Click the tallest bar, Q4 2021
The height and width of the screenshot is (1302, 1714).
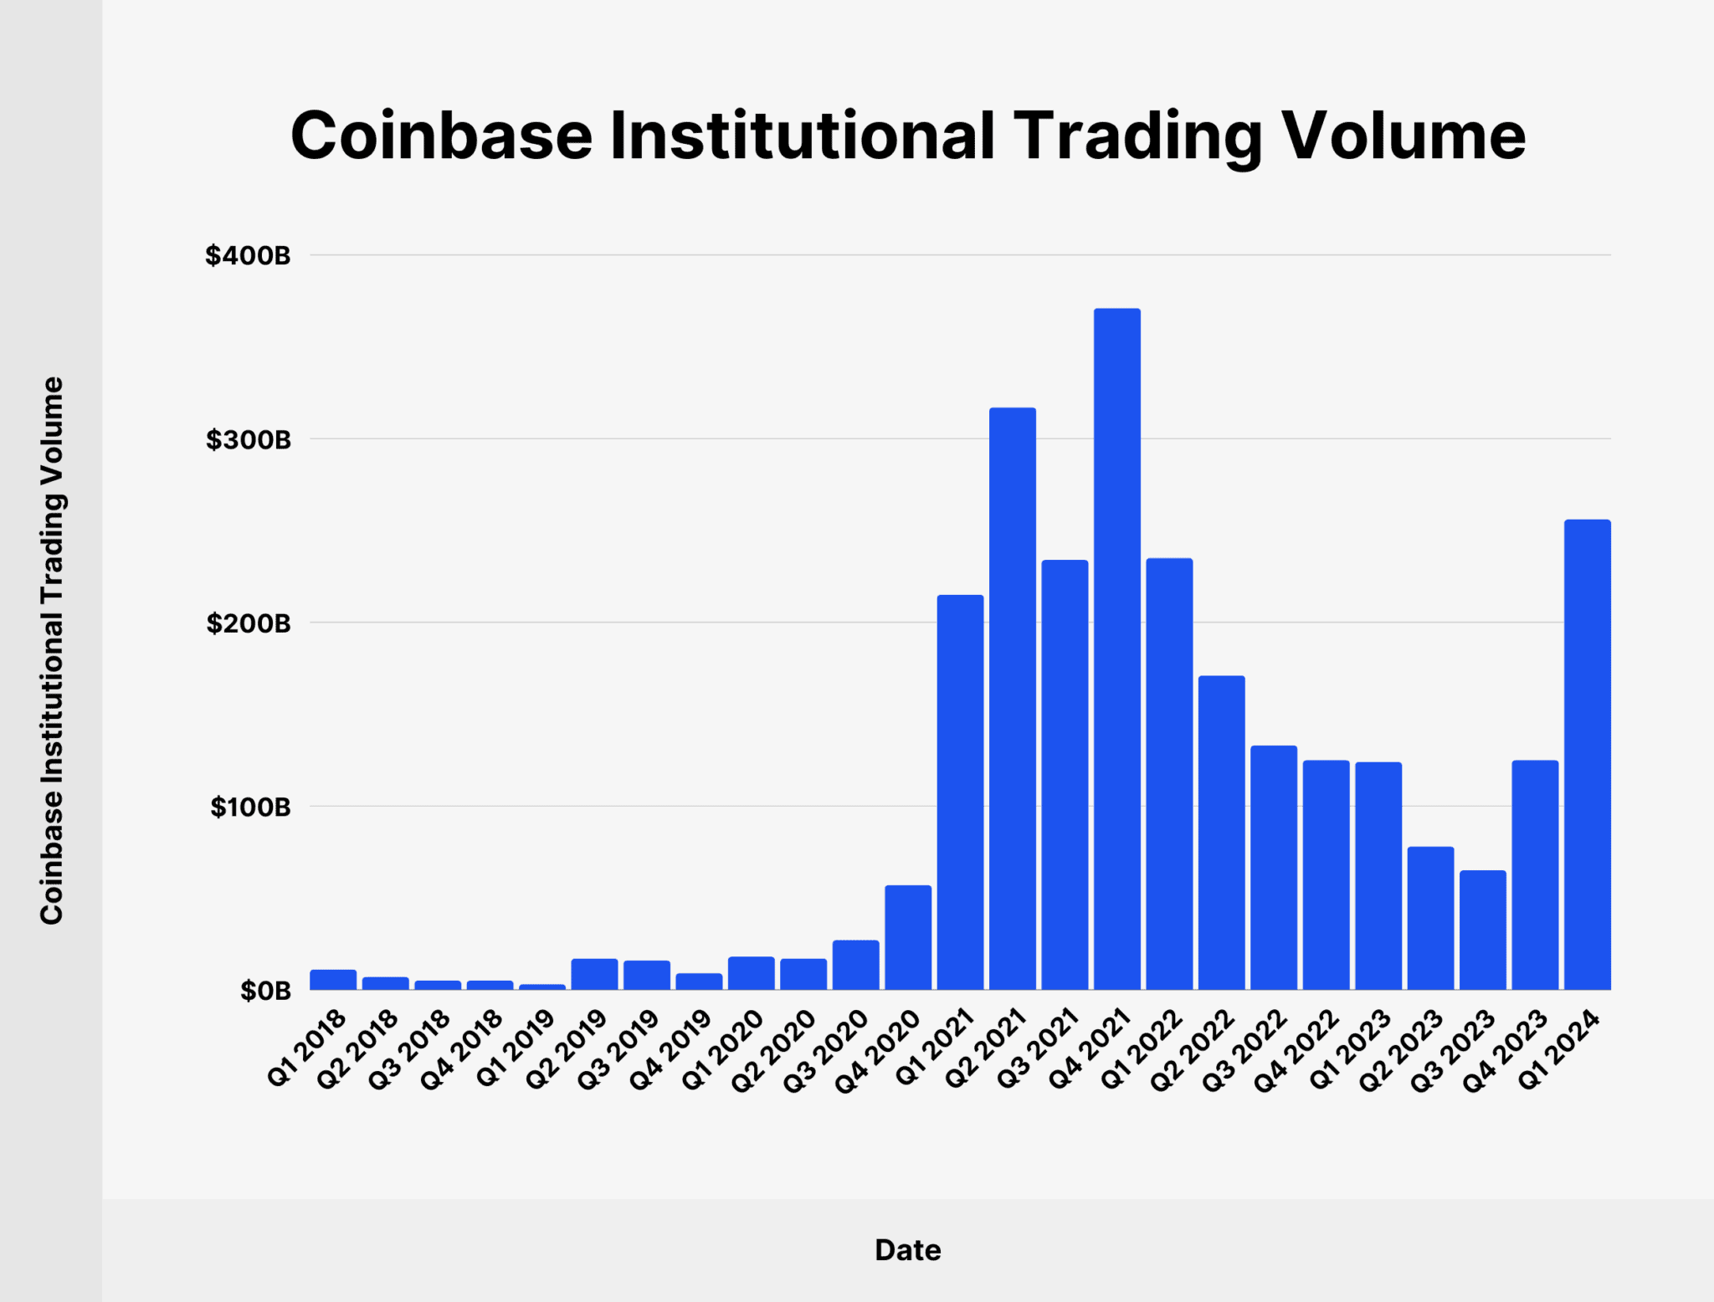click(x=1116, y=648)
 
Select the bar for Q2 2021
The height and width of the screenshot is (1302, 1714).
click(x=1012, y=699)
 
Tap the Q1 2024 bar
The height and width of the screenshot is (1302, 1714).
click(x=1587, y=754)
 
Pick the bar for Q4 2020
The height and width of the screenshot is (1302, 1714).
click(x=907, y=937)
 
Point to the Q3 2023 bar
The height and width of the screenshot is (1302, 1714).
click(x=1482, y=930)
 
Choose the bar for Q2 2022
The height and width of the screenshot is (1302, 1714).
click(x=1221, y=833)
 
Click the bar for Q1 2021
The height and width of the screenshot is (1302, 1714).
click(x=960, y=792)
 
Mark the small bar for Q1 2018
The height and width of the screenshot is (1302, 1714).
click(x=333, y=980)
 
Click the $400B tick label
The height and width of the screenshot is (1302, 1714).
click(x=248, y=255)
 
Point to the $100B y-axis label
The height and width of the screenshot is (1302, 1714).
click(x=250, y=807)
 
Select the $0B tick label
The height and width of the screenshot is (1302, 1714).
click(x=265, y=991)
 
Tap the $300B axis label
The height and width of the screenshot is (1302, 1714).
click(x=248, y=439)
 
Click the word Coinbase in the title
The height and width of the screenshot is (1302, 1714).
click(x=441, y=136)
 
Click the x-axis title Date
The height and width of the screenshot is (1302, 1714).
click(x=907, y=1250)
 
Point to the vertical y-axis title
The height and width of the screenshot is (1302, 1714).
click(x=52, y=650)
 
